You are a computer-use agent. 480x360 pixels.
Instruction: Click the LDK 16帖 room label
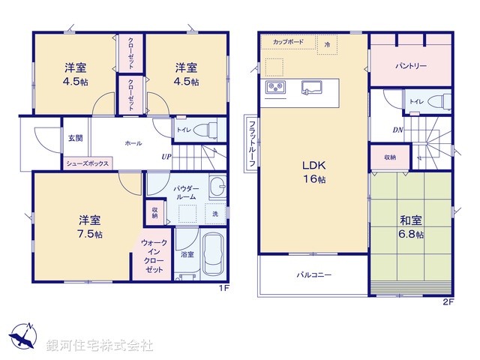click(314, 172)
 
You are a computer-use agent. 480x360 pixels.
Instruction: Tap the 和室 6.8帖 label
click(411, 227)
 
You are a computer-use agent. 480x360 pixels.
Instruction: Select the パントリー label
click(411, 66)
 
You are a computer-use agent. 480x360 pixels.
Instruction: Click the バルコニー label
click(314, 274)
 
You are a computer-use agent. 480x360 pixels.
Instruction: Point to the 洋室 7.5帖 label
click(90, 227)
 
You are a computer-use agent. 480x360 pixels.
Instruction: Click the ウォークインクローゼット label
click(154, 256)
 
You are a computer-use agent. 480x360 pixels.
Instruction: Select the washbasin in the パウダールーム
click(217, 187)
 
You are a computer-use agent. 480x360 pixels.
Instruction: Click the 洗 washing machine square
click(215, 214)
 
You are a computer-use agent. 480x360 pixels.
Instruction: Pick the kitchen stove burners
click(275, 87)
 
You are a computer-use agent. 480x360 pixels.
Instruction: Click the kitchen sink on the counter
click(312, 87)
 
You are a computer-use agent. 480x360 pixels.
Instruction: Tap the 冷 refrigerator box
click(327, 45)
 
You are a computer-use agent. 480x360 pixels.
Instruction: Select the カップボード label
click(288, 42)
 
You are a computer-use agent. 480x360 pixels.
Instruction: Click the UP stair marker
click(166, 157)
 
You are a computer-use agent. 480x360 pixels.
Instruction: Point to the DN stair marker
click(397, 130)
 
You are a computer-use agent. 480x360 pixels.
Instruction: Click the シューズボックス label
click(88, 163)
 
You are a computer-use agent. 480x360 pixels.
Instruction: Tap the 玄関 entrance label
click(75, 138)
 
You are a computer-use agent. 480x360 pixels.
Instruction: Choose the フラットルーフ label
click(252, 144)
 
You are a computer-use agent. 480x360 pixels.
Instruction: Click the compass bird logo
click(23, 336)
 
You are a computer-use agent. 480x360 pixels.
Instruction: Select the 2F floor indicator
click(448, 302)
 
